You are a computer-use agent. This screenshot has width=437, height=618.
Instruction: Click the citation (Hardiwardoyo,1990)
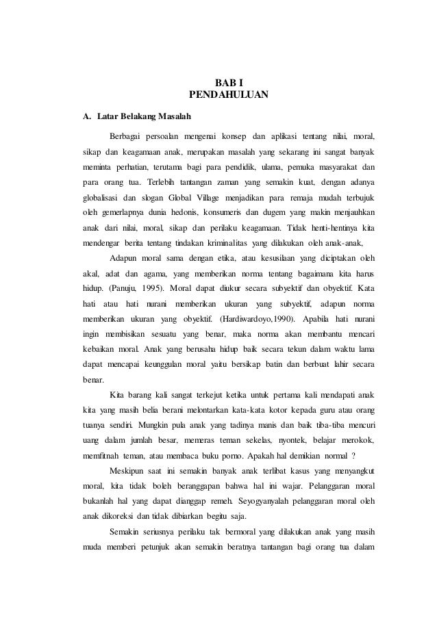coord(255,320)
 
